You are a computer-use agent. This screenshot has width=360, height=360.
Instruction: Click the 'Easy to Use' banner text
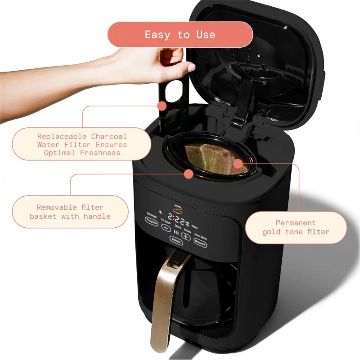(x=180, y=35)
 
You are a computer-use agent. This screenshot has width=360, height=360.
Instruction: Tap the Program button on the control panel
(x=151, y=220)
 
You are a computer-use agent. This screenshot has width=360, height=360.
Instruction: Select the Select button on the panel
(x=176, y=241)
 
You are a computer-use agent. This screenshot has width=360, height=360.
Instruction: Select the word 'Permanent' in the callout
(x=296, y=223)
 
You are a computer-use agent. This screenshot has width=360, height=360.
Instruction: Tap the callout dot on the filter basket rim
(x=189, y=173)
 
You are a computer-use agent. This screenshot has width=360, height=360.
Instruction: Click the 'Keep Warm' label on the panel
(x=201, y=234)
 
